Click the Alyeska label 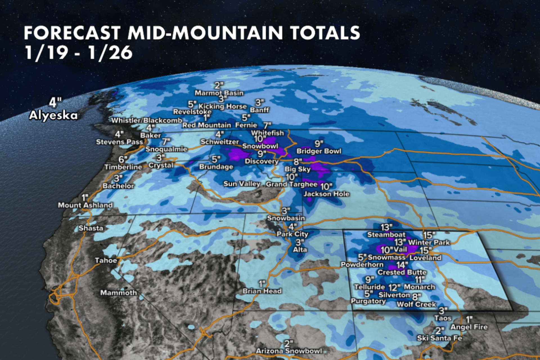click(x=53, y=116)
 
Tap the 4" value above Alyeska click(x=55, y=102)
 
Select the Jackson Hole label click(x=326, y=194)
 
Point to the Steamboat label click(x=386, y=235)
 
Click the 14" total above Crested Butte click(x=402, y=265)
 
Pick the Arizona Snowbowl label click(x=289, y=351)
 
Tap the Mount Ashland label click(x=85, y=205)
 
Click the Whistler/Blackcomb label click(x=147, y=121)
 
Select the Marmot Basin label click(x=219, y=93)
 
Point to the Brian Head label click(x=262, y=291)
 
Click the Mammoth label click(x=118, y=293)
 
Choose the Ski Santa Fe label click(x=439, y=338)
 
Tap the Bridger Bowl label click(x=319, y=151)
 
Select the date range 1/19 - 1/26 click(x=78, y=53)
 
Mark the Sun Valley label click(x=242, y=184)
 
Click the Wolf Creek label click(x=416, y=304)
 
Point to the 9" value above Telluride click(x=369, y=280)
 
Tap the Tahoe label click(x=106, y=260)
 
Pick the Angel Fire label click(x=469, y=327)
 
